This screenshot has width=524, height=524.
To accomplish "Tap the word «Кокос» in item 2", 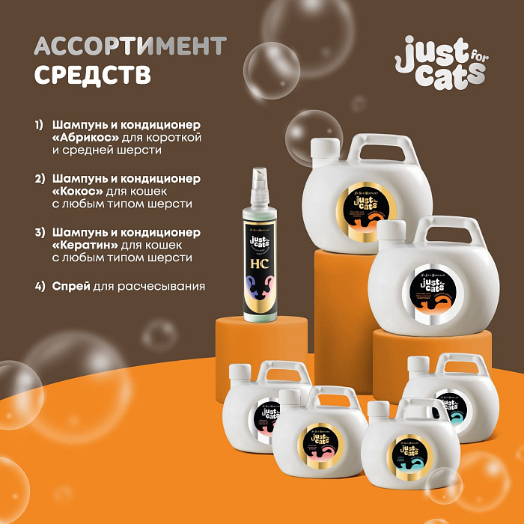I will pyautogui.click(x=78, y=191).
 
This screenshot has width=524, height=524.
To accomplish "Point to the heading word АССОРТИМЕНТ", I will pyautogui.click(x=130, y=46).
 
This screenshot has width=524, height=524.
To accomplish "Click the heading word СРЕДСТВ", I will pyautogui.click(x=93, y=75).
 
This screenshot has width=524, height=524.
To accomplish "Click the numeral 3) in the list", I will pyautogui.click(x=40, y=232).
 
